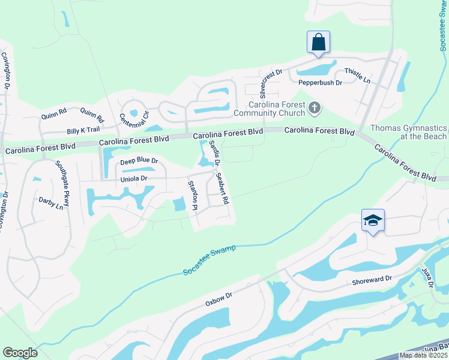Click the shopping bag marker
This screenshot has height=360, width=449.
tap(318, 42)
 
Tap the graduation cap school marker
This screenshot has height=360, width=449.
tap(373, 220)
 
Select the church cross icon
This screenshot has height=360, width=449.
tap(314, 108)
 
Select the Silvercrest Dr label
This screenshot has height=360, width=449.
tap(263, 83)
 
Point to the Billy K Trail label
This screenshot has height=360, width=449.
tap(83, 130)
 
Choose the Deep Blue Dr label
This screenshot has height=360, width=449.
tap(139, 161)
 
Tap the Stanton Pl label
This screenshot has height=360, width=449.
tap(193, 195)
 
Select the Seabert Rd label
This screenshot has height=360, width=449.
tap(222, 188)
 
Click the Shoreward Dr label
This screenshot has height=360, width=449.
tap(372, 278)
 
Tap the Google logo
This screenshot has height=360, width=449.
tap(20, 353)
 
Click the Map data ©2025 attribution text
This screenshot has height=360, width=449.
tap(423, 355)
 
